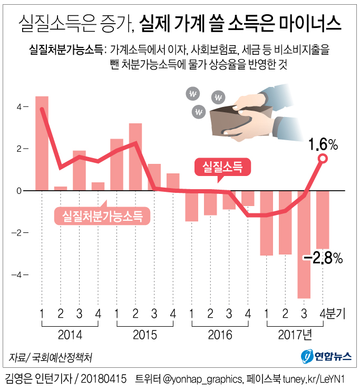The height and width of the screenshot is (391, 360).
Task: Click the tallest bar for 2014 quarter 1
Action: [x=42, y=142]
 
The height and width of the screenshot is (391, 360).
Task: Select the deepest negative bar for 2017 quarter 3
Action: [x=304, y=245]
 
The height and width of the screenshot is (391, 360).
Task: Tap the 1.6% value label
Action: [x=323, y=144]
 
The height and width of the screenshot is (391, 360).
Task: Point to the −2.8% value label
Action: [x=323, y=258]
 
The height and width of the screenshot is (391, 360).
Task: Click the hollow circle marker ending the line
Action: [x=323, y=159]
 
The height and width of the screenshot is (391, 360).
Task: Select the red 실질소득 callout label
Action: [x=222, y=167]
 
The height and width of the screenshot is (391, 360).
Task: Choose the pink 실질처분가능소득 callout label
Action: [x=102, y=215]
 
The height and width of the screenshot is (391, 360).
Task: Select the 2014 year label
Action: [x=70, y=334]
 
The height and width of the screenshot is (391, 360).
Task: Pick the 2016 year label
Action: [x=220, y=334]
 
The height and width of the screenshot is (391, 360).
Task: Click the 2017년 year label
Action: [x=296, y=334]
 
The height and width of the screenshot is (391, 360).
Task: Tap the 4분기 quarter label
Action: [x=333, y=315]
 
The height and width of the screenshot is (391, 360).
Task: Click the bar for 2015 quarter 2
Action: [x=135, y=157]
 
